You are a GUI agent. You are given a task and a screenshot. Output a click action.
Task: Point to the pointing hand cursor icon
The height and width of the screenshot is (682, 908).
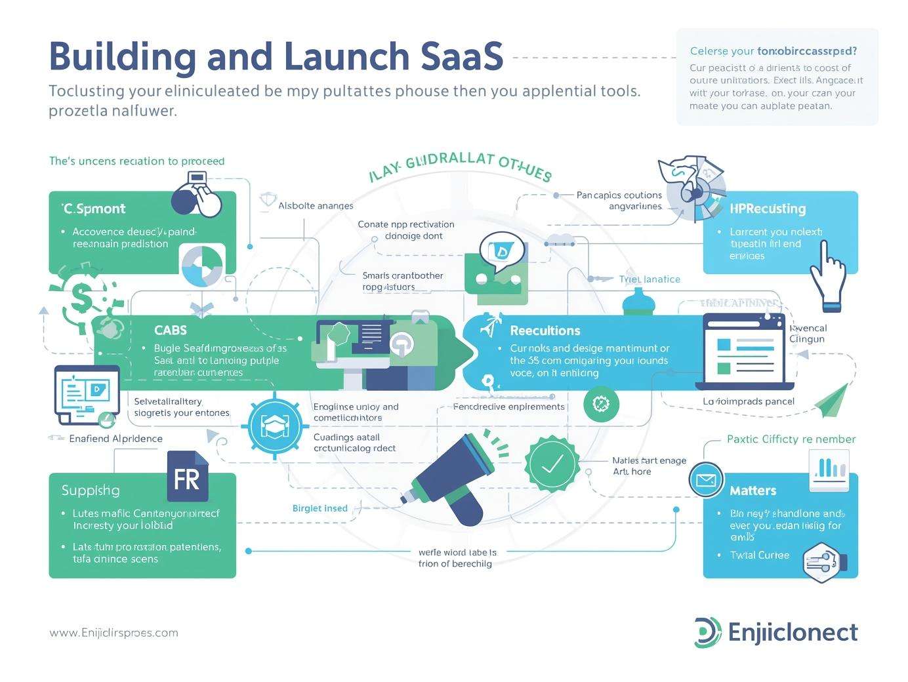pos(829,275)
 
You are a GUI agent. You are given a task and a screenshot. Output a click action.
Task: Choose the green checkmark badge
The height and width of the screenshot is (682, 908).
pos(552,464)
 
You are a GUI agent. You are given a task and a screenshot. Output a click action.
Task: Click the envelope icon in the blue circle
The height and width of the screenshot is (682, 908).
pos(706,480)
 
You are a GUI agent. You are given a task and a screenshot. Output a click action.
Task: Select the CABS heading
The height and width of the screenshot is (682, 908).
pos(171,331)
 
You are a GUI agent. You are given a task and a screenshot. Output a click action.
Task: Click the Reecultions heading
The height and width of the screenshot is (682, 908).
pos(545,331)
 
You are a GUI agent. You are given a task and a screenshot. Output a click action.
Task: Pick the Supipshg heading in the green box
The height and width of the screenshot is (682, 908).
pos(91,490)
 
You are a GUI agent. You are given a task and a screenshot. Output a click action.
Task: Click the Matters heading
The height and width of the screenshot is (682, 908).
pos(753,491)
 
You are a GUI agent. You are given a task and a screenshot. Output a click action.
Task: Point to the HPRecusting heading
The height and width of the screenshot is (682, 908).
pos(768,209)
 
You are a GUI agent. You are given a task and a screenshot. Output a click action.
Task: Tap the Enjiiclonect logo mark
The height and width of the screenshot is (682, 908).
pos(707,632)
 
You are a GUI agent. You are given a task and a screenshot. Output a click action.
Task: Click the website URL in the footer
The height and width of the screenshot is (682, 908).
pos(113,633)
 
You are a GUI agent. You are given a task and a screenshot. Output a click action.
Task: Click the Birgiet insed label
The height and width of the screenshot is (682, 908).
pos(320,508)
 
